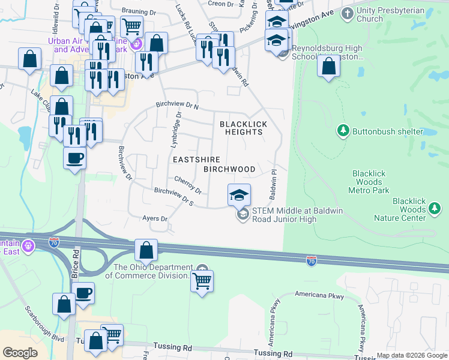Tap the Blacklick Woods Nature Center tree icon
click(435, 209)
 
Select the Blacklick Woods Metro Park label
click(369, 182)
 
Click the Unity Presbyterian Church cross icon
click(347, 13)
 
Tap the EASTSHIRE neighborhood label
click(197, 160)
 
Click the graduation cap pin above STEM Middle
click(239, 194)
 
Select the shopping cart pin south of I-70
click(202, 280)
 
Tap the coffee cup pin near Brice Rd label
click(83, 293)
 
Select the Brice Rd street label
click(76, 262)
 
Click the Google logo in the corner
click(20, 353)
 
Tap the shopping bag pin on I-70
click(146, 250)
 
